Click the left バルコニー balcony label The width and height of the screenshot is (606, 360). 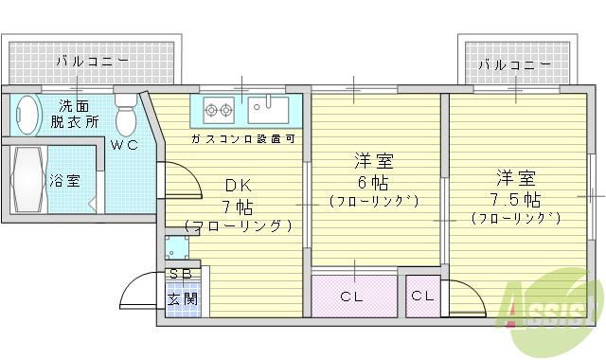[91, 62]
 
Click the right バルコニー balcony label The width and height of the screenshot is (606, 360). [514, 64]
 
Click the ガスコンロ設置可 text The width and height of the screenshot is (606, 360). [242, 139]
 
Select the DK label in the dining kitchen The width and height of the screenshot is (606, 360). [236, 185]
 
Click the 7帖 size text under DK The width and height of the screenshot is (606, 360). [237, 206]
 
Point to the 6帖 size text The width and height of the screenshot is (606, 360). [373, 182]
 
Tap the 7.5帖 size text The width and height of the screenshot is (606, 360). [515, 199]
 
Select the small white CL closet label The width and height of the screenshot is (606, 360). [422, 297]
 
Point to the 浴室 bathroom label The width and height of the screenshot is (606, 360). [64, 178]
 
